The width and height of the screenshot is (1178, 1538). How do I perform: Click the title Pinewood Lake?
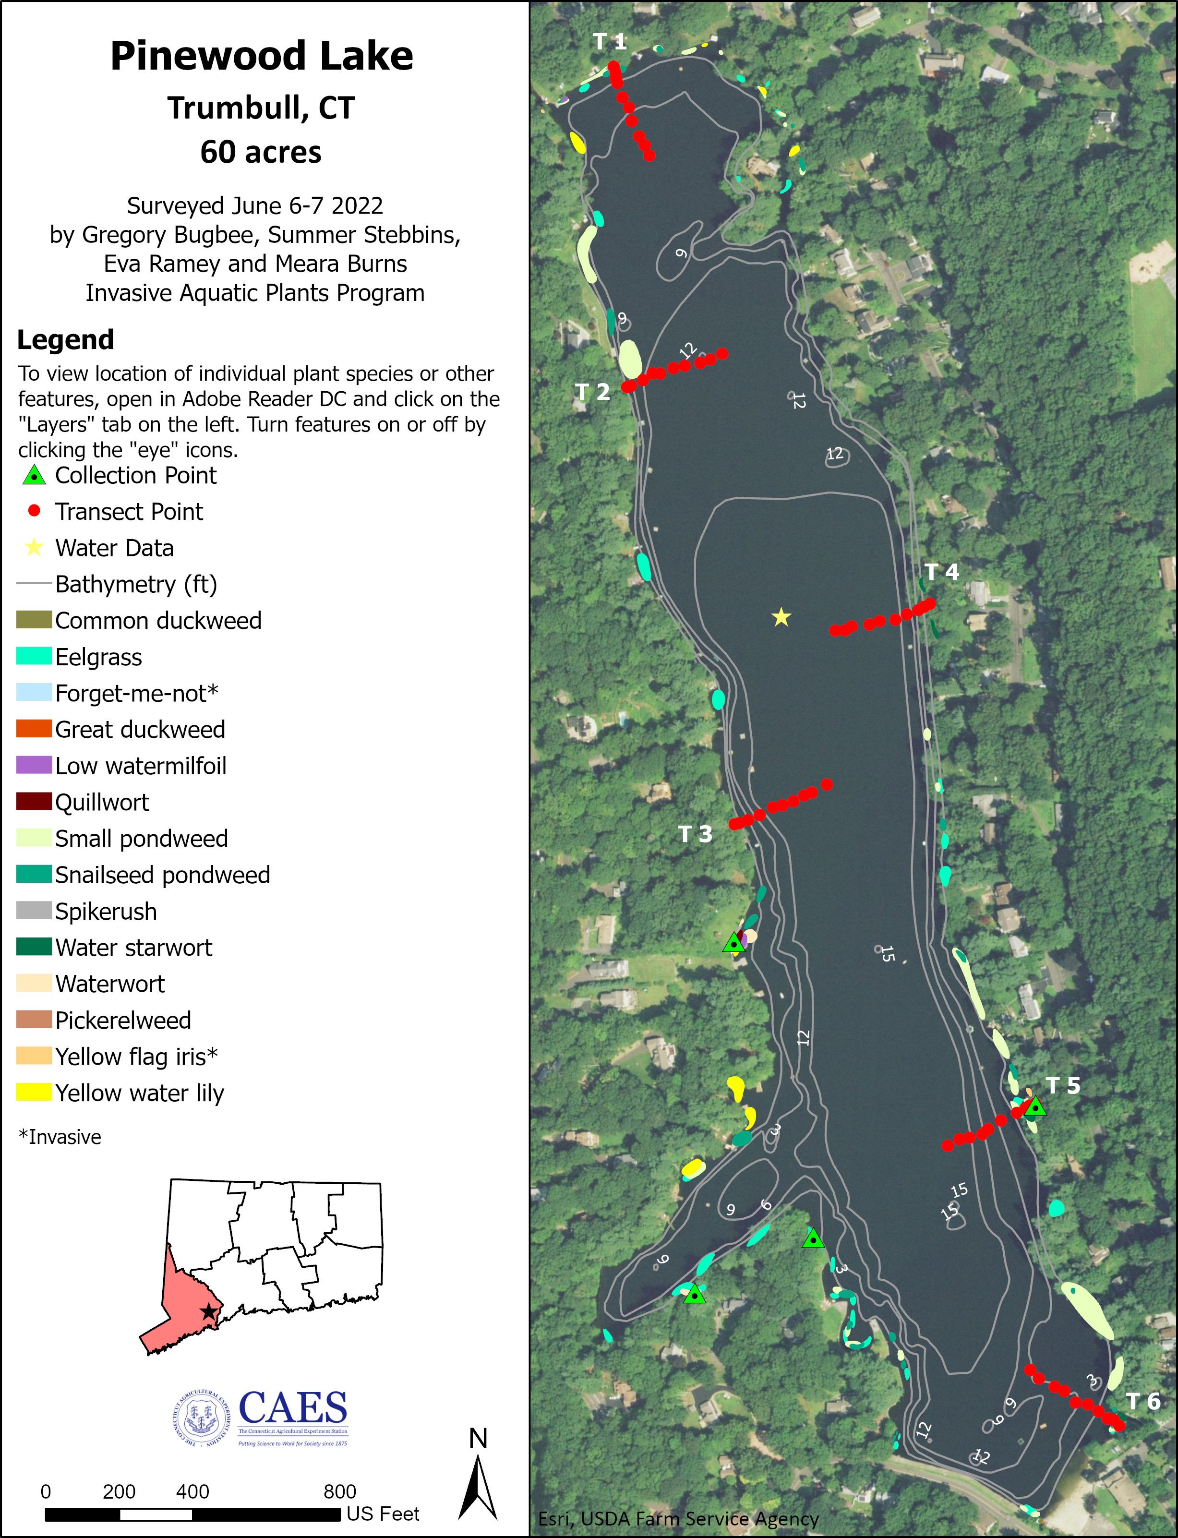[x=262, y=56]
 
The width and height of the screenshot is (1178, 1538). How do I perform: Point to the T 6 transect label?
[x=1143, y=1401]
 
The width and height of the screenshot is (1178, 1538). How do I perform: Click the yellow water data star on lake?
[x=781, y=618]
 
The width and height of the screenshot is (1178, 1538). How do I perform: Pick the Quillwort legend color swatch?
[x=34, y=801]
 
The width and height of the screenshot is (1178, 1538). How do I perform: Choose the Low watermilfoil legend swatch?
[x=34, y=765]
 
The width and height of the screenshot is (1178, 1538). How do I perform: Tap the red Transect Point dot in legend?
[x=34, y=511]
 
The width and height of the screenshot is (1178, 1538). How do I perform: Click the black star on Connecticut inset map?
[x=208, y=1311]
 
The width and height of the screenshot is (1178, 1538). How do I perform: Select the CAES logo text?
[x=293, y=1407]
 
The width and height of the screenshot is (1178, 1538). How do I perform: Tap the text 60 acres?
[x=261, y=152]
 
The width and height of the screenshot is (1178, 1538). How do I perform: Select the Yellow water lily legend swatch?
[x=34, y=1092]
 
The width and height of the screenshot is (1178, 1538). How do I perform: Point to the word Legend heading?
[x=65, y=339]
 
